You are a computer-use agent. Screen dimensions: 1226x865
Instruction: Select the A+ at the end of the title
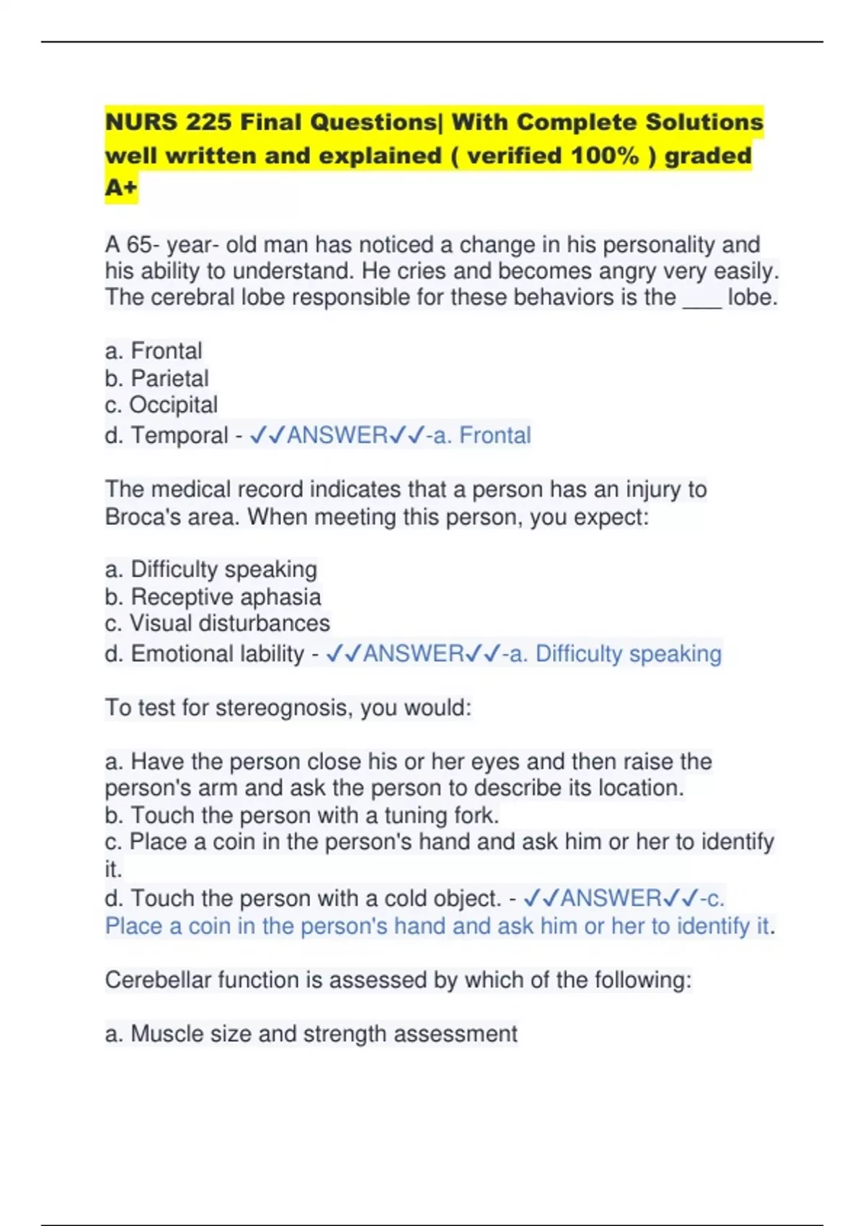[120, 188]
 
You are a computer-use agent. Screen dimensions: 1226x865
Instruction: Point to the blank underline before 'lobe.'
[701, 299]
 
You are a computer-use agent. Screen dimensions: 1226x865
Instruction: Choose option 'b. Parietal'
[156, 378]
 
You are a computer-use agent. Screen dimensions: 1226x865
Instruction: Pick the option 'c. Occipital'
[161, 405]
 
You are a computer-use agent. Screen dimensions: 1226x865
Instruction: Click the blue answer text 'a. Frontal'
[488, 436]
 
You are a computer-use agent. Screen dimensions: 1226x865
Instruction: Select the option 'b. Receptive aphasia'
[213, 596]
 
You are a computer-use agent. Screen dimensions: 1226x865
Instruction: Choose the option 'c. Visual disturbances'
[217, 623]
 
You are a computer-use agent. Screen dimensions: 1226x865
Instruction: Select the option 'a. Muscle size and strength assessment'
[311, 1034]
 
